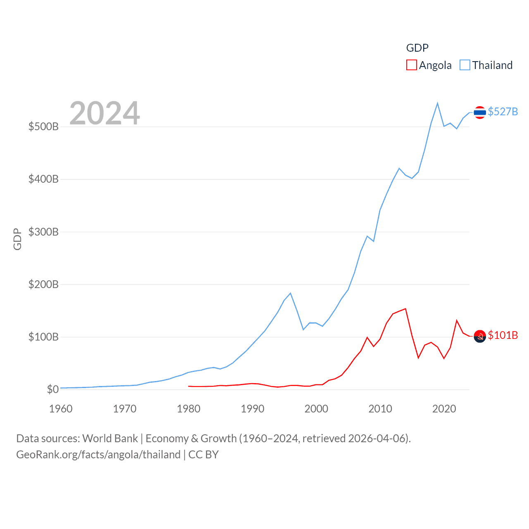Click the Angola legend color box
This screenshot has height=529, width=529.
[411, 65]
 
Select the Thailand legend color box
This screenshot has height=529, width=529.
[465, 65]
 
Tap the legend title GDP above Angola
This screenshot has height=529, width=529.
[417, 48]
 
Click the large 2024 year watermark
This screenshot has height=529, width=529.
[105, 113]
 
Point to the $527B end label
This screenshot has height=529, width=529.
[503, 112]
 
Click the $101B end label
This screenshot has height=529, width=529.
[503, 335]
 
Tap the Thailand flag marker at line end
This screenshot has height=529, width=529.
[479, 112]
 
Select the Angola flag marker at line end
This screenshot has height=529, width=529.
[479, 336]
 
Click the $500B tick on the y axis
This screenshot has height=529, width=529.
[43, 126]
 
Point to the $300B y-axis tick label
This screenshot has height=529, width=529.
[43, 232]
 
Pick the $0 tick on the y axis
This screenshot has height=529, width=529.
[52, 389]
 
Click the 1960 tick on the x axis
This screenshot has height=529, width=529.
[61, 409]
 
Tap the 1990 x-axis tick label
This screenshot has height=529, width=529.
[253, 409]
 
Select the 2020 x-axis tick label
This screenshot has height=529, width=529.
[444, 409]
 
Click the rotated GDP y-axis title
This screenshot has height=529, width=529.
[17, 239]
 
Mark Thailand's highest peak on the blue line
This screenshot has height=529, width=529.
[437, 103]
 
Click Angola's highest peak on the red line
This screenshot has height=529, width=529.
[405, 309]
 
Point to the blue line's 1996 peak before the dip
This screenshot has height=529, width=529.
[291, 293]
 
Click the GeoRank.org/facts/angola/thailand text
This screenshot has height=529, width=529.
[98, 455]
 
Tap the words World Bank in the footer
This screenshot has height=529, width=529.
[110, 438]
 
